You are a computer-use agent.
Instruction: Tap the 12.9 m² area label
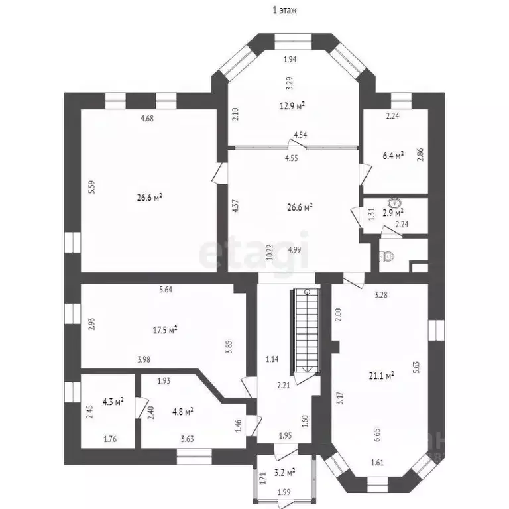tap(292, 105)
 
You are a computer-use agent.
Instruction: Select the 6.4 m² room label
tap(393, 156)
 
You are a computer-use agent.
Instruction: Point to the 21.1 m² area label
tap(381, 376)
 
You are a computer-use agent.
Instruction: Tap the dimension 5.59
tap(93, 188)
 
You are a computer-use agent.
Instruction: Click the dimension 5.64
tap(167, 289)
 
